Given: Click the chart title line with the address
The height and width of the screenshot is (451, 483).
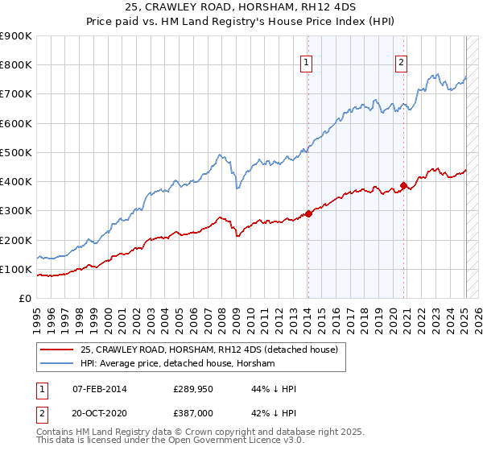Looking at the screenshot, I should pyautogui.click(x=242, y=7).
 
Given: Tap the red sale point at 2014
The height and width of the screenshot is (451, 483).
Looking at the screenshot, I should pyautogui.click(x=308, y=213).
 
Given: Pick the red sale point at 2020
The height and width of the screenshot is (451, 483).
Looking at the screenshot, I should pyautogui.click(x=403, y=185).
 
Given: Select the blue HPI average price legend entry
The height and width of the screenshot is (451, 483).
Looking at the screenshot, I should pyautogui.click(x=176, y=364).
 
